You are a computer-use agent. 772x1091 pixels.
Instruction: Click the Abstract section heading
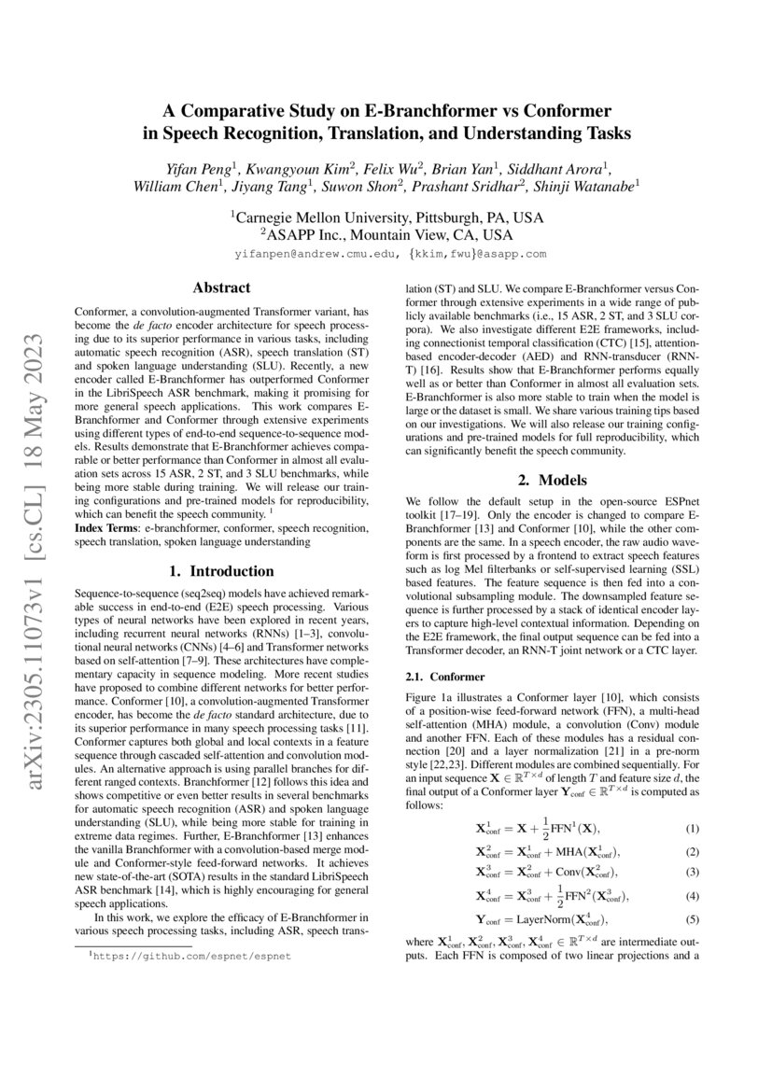(x=221, y=288)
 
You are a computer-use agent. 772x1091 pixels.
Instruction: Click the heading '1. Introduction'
(x=221, y=570)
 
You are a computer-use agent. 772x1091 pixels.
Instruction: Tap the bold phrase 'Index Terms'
(x=107, y=528)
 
